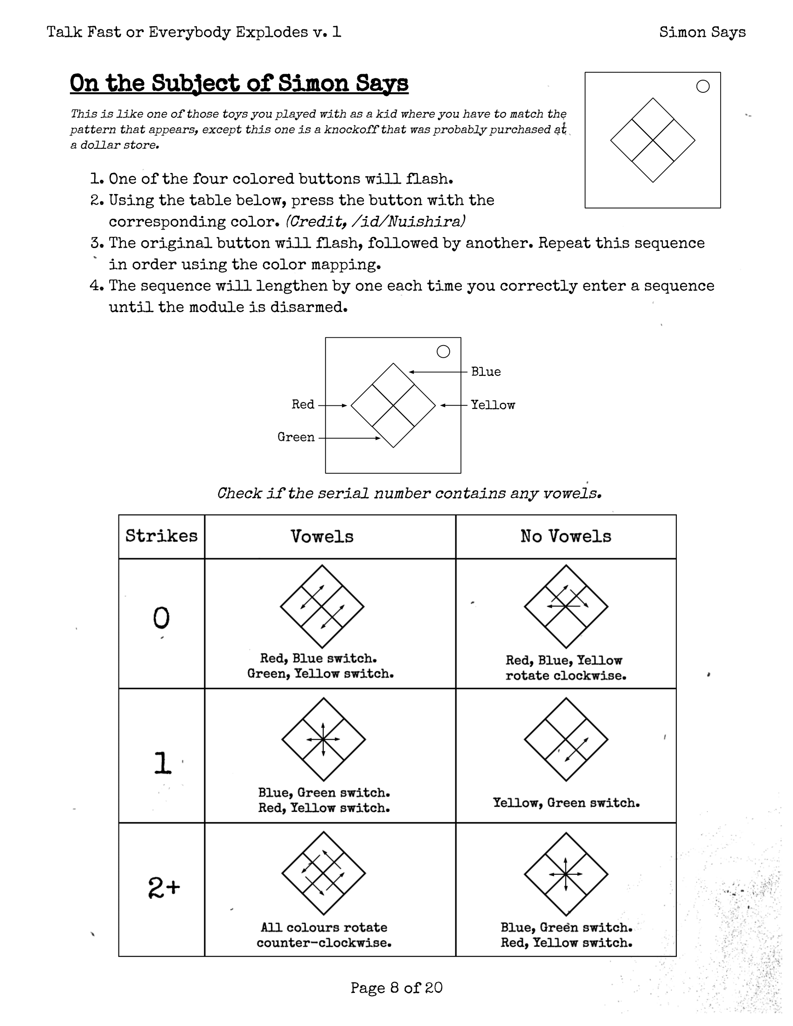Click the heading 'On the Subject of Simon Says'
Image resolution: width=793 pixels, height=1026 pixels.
(239, 83)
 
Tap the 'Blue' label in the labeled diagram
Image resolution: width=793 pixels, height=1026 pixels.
(486, 372)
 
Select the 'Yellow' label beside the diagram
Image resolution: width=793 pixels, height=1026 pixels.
(493, 405)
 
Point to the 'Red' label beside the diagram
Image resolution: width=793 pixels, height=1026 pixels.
(303, 404)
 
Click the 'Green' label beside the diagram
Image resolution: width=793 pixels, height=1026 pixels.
(296, 437)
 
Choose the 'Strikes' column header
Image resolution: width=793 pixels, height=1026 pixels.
(161, 536)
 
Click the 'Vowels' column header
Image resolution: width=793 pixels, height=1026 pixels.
(322, 536)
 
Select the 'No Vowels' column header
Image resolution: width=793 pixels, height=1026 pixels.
(566, 536)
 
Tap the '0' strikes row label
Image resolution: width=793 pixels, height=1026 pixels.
(161, 618)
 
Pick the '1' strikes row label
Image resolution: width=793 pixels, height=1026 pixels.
(162, 763)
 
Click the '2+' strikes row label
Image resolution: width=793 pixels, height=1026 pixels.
(163, 887)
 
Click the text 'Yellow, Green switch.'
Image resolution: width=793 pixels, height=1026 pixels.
(566, 803)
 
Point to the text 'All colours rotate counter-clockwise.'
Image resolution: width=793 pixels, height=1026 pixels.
(324, 935)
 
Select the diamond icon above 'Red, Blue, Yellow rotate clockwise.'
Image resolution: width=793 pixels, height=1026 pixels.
(566, 606)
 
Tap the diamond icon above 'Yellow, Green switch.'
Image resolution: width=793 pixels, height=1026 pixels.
(566, 740)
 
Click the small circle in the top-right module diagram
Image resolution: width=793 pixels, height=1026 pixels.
(703, 86)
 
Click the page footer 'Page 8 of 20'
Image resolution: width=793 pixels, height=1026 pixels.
(396, 987)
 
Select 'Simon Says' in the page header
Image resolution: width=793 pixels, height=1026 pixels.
(702, 32)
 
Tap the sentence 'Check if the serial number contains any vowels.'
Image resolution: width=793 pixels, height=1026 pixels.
(409, 493)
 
